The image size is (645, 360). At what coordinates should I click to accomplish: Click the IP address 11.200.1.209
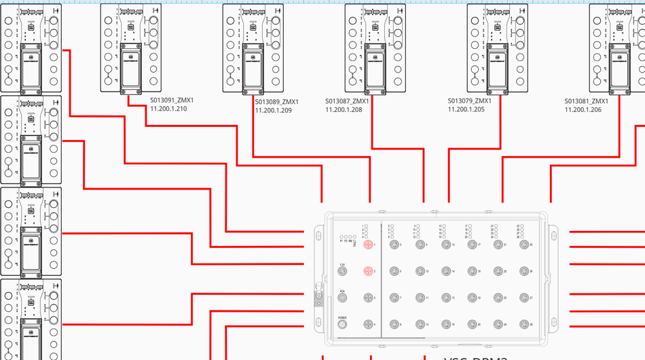[x=274, y=110]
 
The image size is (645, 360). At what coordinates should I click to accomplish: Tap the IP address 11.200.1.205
[x=466, y=109]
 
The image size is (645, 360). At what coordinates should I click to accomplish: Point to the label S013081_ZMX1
[x=586, y=101]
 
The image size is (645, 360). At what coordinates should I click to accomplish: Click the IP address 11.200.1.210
[x=168, y=109]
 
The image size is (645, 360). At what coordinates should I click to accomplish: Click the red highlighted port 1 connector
[x=368, y=245]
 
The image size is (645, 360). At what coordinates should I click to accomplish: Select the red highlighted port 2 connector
[x=368, y=271]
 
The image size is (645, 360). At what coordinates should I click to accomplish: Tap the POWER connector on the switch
[x=343, y=325]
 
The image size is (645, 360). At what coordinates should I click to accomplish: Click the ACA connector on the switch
[x=343, y=298]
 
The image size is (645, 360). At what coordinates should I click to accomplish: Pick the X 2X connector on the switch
[x=343, y=271]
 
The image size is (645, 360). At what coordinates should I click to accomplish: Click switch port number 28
[x=523, y=325]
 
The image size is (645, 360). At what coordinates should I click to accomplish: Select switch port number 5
[x=394, y=245]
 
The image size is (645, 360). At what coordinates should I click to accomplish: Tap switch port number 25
[x=523, y=245]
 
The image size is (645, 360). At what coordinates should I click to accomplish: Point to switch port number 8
[x=394, y=325]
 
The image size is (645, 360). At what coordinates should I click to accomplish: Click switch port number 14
[x=446, y=271]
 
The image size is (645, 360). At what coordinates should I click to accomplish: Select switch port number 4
[x=368, y=325]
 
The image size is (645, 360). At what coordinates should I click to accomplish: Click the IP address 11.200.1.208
[x=344, y=109]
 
